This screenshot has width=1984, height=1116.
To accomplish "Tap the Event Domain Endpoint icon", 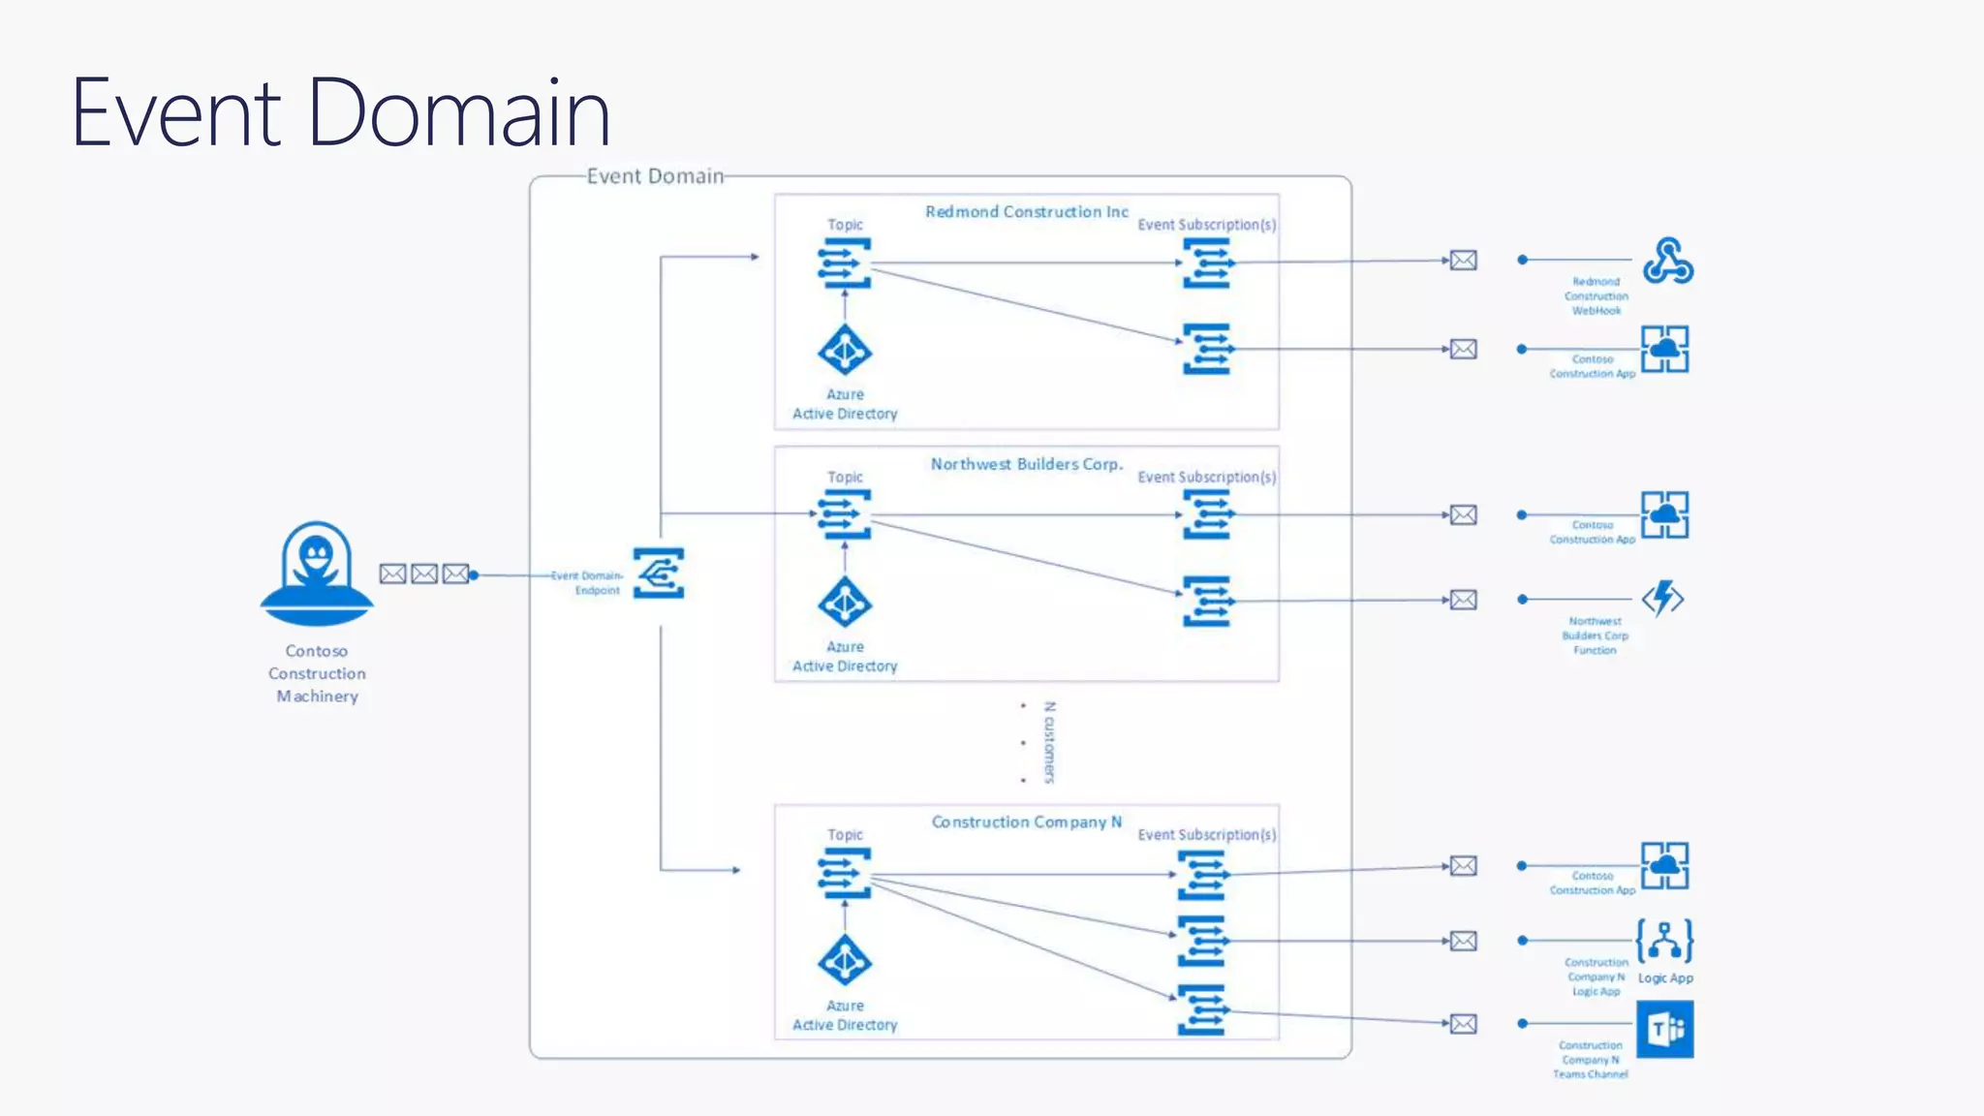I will click(659, 573).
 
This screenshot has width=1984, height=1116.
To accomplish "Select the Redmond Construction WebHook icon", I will click(1667, 261).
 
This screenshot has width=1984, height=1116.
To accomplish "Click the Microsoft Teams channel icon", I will click(1664, 1029).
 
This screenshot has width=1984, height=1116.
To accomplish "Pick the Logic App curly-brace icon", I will click(1664, 941).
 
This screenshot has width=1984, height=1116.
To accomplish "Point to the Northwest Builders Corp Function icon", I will click(1663, 599).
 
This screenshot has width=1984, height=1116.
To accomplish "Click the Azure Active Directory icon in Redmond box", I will click(845, 351).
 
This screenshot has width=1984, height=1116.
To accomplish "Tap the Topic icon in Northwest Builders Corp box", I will click(845, 514).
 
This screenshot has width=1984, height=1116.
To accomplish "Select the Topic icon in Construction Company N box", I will click(845, 873).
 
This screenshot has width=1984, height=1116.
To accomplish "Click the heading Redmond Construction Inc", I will click(1026, 212).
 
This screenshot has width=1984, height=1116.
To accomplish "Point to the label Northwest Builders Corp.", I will click(1026, 464).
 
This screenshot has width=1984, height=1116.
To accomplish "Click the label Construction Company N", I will click(1026, 822).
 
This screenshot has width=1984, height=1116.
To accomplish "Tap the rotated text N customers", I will click(1049, 742).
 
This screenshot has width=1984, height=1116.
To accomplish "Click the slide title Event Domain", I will click(341, 113).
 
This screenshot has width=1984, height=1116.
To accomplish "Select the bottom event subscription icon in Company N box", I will click(1202, 1010).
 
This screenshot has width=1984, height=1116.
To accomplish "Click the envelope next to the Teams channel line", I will click(1463, 1024).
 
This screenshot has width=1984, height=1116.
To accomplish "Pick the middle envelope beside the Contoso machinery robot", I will click(424, 574).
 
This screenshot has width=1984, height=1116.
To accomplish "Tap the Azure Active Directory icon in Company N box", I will click(845, 961).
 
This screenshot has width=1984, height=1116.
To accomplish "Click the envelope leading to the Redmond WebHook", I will click(1463, 261).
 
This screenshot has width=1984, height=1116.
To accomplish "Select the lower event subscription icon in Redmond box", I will click(1207, 349).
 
